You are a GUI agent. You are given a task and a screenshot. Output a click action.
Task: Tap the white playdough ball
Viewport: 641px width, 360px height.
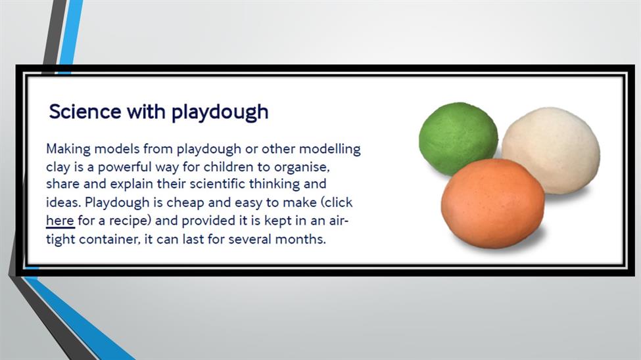[552, 150]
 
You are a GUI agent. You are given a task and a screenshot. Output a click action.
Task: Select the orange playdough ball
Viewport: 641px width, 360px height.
[492, 204]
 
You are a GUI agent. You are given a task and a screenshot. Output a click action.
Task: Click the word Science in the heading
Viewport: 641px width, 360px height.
[85, 112]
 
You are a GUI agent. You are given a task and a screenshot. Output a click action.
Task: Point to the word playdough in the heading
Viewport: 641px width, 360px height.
[220, 113]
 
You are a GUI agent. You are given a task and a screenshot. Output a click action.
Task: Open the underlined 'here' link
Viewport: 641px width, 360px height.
[60, 221]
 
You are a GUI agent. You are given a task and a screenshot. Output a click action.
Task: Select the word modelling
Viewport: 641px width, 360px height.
[330, 148]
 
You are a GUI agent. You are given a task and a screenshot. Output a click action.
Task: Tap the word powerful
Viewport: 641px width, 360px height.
[118, 168]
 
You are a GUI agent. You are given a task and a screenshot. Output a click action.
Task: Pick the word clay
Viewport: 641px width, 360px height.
[58, 168]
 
